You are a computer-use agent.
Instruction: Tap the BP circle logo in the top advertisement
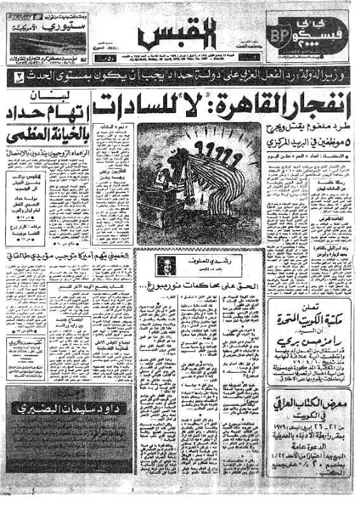[x=283, y=36]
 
